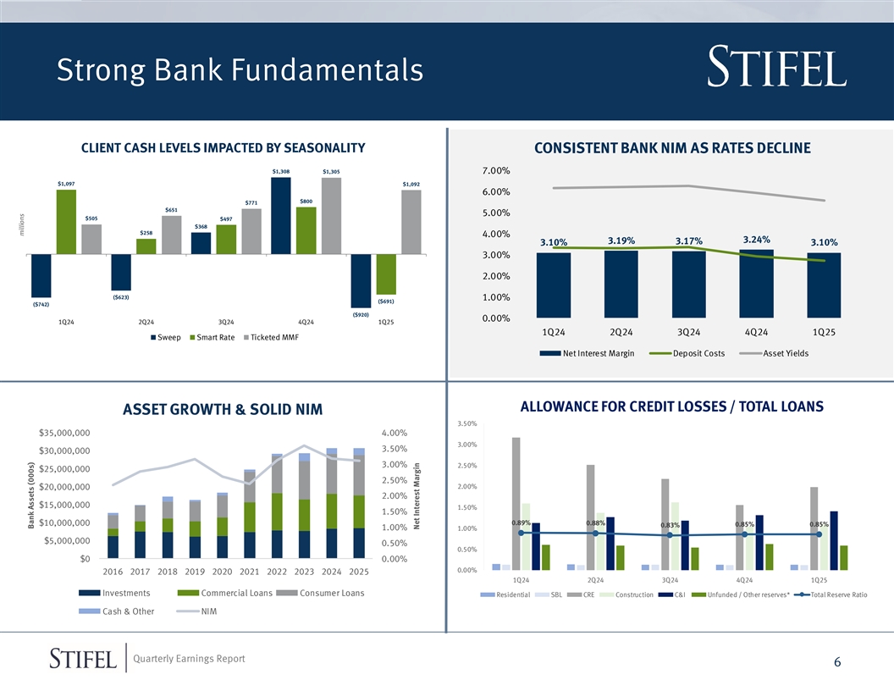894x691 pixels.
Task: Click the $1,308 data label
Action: [281, 172]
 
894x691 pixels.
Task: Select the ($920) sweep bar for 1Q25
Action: [361, 280]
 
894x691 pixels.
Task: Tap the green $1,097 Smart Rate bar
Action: [66, 221]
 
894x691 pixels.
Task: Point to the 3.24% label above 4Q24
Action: [756, 239]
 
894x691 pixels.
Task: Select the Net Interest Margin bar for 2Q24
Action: [621, 285]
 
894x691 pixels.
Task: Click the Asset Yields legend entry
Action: [784, 353]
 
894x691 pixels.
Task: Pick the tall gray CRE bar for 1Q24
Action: [516, 503]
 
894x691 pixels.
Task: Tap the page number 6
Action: [836, 663]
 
